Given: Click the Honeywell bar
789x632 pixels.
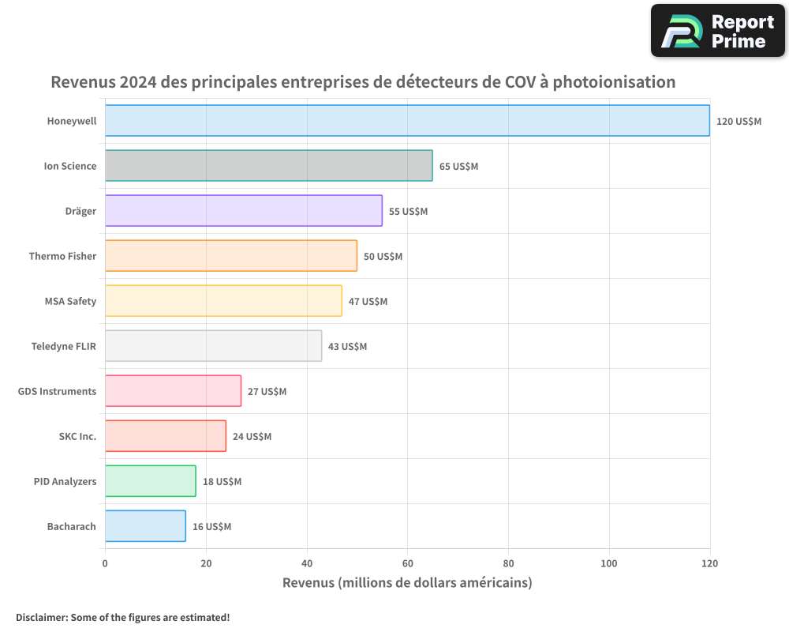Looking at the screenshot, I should click(407, 121).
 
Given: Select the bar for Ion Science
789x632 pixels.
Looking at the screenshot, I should click(268, 166).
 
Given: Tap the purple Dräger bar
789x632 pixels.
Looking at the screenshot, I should click(243, 211).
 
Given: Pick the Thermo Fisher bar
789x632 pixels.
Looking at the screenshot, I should click(230, 256).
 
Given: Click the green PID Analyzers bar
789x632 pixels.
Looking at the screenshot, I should click(150, 481).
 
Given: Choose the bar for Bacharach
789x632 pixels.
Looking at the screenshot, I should click(145, 526).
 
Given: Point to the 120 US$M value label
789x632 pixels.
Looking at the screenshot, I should click(739, 122).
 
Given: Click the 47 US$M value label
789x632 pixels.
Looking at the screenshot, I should click(368, 302).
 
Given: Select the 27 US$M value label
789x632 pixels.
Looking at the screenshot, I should click(267, 392).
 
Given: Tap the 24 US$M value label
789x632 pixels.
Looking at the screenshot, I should click(252, 437).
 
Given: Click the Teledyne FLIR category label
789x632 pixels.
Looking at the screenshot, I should click(63, 346).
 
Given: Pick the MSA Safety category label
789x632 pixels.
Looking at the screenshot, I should click(70, 301).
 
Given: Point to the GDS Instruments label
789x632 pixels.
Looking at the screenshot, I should click(57, 391).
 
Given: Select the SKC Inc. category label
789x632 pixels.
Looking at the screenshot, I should click(77, 436).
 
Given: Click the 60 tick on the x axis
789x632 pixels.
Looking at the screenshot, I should click(407, 563).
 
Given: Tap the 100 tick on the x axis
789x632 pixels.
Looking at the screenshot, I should click(609, 563).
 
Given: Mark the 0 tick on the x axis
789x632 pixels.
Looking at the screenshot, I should click(105, 563).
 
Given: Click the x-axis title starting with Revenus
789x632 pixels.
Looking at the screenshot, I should click(407, 583).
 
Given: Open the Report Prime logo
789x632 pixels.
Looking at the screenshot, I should click(717, 31).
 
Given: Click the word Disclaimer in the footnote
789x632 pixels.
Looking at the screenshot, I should click(40, 618).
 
